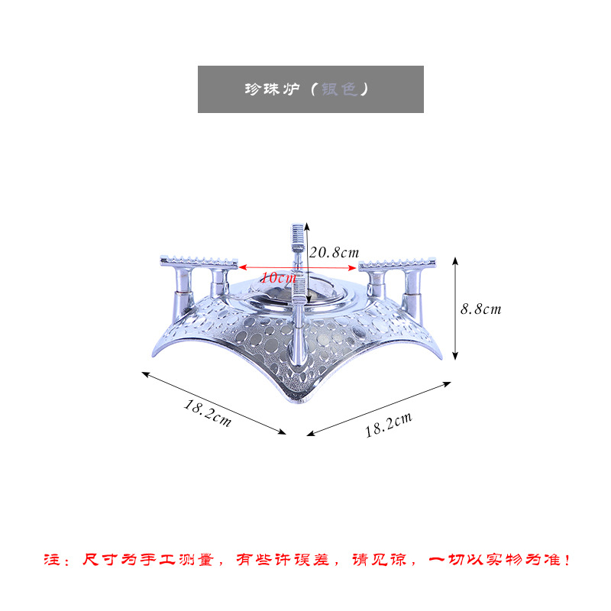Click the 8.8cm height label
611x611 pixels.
point(480,309)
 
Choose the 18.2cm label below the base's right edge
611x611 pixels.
point(388,424)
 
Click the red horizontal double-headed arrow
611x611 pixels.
point(298,267)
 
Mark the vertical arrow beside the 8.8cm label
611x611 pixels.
point(456,309)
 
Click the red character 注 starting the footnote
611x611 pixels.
point(47,561)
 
